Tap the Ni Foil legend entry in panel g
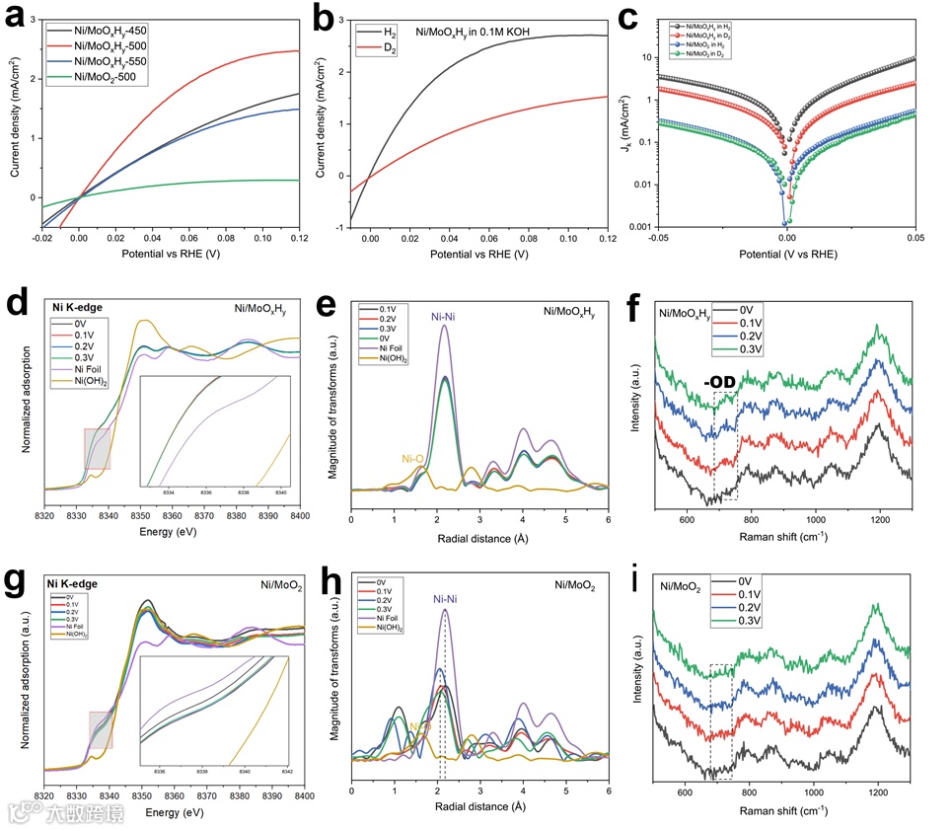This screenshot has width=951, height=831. (76, 626)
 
